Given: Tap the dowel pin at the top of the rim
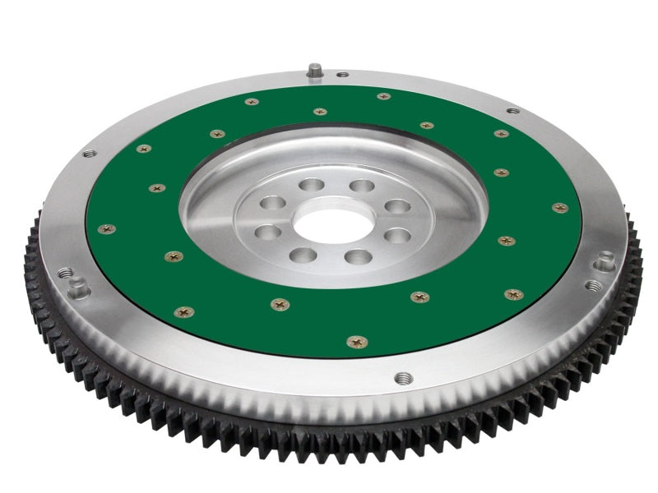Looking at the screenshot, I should point(314,71).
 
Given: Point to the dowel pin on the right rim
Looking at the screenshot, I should point(607,260).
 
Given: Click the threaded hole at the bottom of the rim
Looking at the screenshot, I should point(403,378).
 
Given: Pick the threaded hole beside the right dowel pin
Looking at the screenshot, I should point(593,286).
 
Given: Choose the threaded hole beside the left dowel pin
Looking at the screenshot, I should point(64,273).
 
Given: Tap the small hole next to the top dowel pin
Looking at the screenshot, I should point(342,75).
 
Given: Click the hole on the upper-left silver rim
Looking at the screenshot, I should point(89,154).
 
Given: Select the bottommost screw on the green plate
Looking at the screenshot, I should point(357,341).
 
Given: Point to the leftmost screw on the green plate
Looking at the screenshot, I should point(106,228).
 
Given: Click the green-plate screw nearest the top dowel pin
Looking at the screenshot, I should point(320,111).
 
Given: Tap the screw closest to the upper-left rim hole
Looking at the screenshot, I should point(143,149).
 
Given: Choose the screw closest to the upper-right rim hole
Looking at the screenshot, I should point(501,133).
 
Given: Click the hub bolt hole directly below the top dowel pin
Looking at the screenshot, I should point(311,185).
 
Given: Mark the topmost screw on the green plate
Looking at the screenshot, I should point(383,96).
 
